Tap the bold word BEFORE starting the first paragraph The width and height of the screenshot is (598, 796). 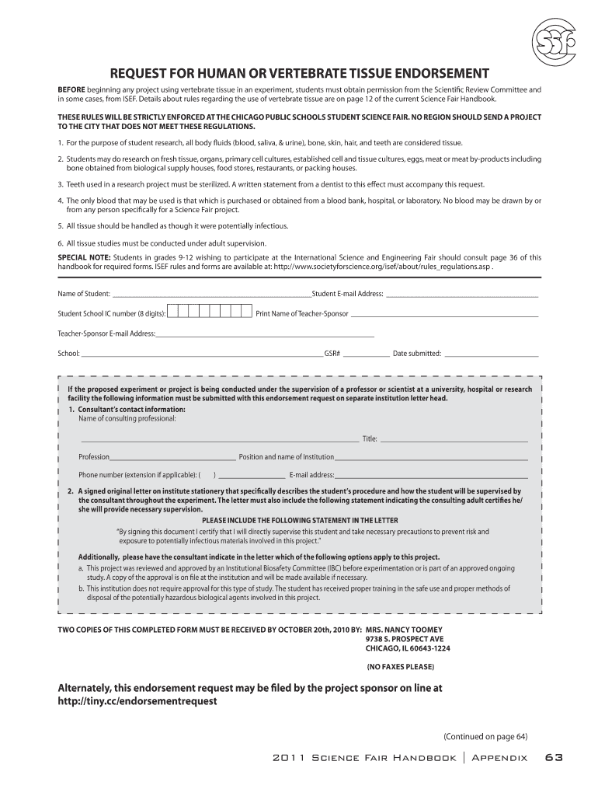(73, 90)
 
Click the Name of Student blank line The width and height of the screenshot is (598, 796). (211, 295)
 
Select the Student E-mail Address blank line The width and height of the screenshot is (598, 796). (462, 295)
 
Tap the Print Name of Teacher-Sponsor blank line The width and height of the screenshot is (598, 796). (444, 315)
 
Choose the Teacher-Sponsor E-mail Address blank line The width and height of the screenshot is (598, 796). (265, 335)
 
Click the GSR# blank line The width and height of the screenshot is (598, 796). (367, 354)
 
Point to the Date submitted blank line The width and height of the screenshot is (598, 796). (491, 354)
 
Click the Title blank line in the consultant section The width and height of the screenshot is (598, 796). (454, 440)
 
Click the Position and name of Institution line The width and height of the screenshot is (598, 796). (431, 458)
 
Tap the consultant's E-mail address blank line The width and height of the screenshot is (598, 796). (431, 476)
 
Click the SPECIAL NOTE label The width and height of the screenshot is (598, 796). (85, 257)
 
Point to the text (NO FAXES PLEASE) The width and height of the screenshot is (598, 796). (400, 667)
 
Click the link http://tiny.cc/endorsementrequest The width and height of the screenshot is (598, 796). (138, 700)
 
